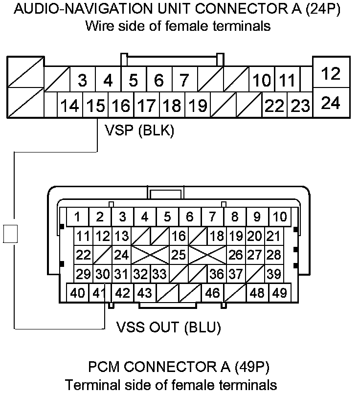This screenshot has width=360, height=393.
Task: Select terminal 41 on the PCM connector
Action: [100, 293]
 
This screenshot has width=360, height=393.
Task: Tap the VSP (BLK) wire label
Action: [139, 131]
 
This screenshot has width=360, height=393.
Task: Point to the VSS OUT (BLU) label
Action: [169, 327]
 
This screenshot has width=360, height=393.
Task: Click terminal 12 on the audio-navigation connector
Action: [331, 74]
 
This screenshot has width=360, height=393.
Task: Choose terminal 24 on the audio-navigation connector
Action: [331, 103]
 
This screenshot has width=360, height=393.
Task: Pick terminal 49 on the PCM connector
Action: [279, 293]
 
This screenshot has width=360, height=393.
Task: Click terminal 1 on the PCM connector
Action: [77, 216]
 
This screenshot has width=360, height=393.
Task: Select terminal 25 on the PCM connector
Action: [179, 255]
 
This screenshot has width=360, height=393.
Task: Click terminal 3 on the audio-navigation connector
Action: [82, 80]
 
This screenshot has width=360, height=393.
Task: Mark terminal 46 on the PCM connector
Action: [212, 293]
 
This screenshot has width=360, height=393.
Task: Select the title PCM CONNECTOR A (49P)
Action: [179, 367]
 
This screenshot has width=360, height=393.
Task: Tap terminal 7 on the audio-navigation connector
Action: [184, 80]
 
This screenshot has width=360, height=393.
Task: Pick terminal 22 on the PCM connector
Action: [84, 255]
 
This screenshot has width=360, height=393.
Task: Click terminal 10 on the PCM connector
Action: [280, 216]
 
